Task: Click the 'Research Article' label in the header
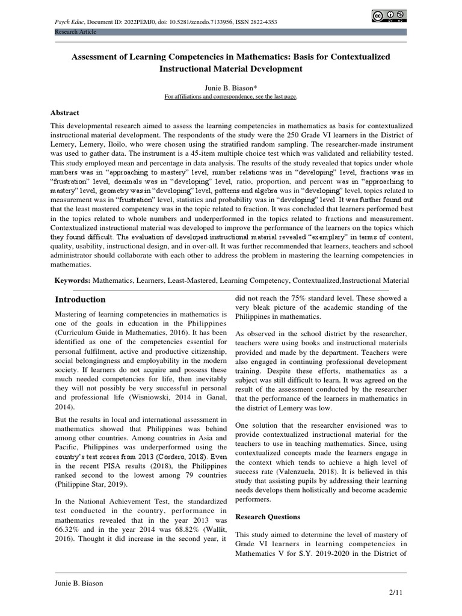coord(76,31)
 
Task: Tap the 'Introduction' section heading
coord(80,300)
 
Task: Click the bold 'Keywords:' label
coord(73,280)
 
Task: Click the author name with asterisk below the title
coord(231,87)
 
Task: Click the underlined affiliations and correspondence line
coord(231,96)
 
